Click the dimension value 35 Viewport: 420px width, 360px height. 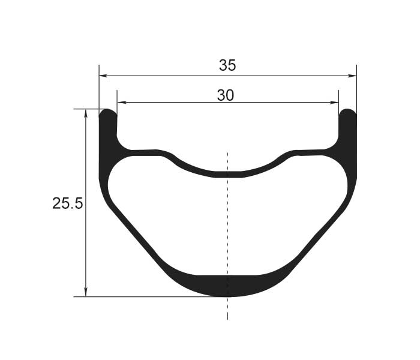point(227,66)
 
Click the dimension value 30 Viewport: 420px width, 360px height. point(226,95)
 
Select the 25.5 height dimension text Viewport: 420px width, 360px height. point(67,204)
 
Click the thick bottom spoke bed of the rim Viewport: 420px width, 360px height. point(227,286)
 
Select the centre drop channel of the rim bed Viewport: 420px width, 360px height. point(227,174)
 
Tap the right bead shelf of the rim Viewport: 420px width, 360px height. point(312,152)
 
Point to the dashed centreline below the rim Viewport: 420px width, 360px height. point(227,309)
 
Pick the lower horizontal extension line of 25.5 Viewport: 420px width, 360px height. point(150,296)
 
